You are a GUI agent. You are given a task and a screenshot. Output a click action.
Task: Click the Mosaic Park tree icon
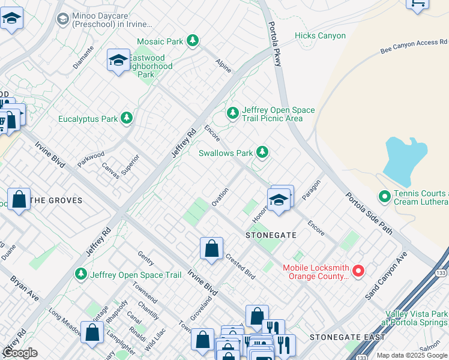(193, 41)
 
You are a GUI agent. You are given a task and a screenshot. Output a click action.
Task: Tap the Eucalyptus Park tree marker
(127, 119)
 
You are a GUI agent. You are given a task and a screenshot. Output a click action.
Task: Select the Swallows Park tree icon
(262, 152)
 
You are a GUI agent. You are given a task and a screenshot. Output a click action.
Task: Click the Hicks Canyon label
(320, 36)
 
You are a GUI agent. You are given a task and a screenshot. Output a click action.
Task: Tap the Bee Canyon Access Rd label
(414, 47)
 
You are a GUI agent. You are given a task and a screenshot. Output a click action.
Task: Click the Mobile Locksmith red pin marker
(358, 271)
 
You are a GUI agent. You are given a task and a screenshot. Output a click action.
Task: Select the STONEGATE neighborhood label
(271, 236)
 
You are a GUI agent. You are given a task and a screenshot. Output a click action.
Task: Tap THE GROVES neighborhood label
(56, 200)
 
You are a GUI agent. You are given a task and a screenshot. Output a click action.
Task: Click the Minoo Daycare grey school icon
(62, 19)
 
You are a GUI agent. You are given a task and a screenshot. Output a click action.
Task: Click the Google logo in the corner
(20, 353)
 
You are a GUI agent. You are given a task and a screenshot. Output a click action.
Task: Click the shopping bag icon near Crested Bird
(211, 248)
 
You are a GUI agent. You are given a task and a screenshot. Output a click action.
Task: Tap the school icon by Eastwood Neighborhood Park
(118, 60)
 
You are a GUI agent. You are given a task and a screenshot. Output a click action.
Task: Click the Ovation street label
(220, 197)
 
